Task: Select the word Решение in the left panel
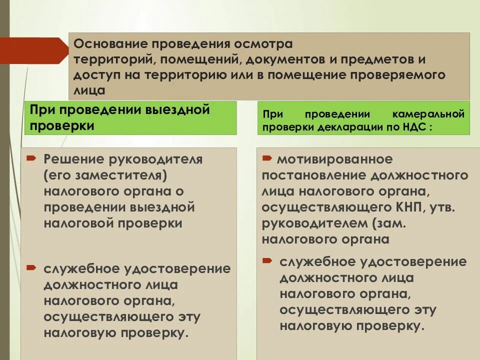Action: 72,159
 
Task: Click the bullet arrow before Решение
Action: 31,158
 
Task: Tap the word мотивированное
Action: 334,159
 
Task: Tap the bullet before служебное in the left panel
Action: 31,268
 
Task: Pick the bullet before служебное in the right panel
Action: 267,261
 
